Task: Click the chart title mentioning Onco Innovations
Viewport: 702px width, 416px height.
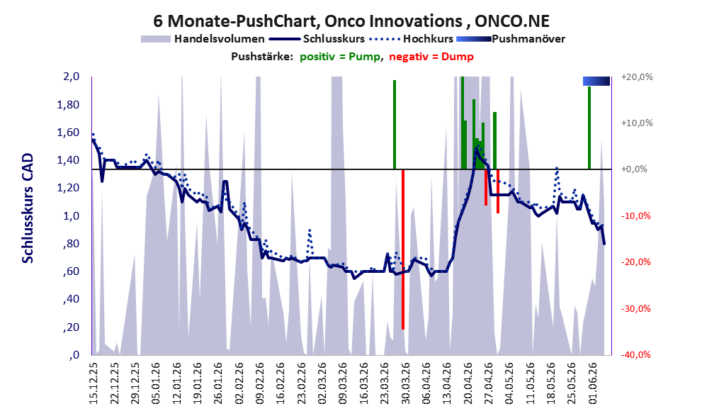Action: (351, 21)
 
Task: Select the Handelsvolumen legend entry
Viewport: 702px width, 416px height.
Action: (203, 39)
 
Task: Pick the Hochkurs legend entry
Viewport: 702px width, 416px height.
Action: (412, 39)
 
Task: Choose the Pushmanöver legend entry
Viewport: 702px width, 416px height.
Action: (511, 39)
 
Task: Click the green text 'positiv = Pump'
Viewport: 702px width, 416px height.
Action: (340, 57)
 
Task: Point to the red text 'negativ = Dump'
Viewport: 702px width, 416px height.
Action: (431, 57)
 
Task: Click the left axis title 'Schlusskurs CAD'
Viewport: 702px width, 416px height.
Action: (28, 208)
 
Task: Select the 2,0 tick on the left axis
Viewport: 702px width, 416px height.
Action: (71, 77)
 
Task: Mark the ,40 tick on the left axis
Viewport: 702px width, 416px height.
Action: (71, 299)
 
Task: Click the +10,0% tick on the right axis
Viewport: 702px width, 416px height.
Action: (637, 123)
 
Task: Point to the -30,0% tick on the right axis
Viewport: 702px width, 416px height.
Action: (636, 309)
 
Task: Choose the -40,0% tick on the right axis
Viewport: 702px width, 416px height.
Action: (636, 355)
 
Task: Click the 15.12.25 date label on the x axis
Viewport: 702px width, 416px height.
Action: (94, 383)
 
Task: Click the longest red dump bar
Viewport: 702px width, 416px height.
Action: (403, 249)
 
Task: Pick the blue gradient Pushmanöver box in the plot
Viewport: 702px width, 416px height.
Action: (596, 81)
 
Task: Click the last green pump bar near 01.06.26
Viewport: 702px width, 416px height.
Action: (589, 128)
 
